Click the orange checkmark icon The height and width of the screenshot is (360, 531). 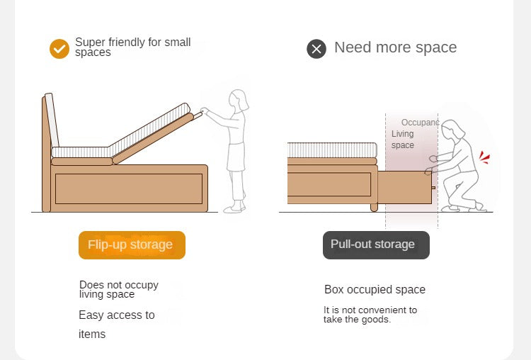pyautogui.click(x=59, y=49)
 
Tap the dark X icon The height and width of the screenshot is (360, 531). pyautogui.click(x=316, y=49)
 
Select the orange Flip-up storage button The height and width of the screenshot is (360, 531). pyautogui.click(x=132, y=245)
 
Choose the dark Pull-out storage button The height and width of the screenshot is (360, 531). pyautogui.click(x=376, y=245)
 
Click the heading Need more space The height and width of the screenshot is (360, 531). pyautogui.click(x=395, y=47)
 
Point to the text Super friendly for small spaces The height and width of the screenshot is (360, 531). pyautogui.click(x=133, y=47)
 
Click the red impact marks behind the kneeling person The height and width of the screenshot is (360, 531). pyautogui.click(x=484, y=157)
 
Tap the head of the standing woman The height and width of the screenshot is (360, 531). pyautogui.click(x=238, y=100)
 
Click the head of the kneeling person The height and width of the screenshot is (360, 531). pyautogui.click(x=452, y=130)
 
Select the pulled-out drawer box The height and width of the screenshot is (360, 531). pyautogui.click(x=405, y=188)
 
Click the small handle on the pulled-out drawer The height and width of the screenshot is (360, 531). pyautogui.click(x=433, y=188)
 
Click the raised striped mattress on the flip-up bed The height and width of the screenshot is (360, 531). pyautogui.click(x=149, y=129)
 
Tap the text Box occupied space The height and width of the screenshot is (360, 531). pyautogui.click(x=375, y=290)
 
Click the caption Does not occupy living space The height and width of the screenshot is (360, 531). pyautogui.click(x=118, y=289)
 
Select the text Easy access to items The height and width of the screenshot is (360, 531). pyautogui.click(x=117, y=325)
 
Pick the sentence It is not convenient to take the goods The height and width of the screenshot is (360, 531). pyautogui.click(x=370, y=315)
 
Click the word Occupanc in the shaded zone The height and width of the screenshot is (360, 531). pyautogui.click(x=420, y=123)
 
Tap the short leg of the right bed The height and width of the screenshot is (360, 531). pyautogui.click(x=374, y=208)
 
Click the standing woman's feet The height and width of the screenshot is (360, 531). pyautogui.click(x=234, y=207)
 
